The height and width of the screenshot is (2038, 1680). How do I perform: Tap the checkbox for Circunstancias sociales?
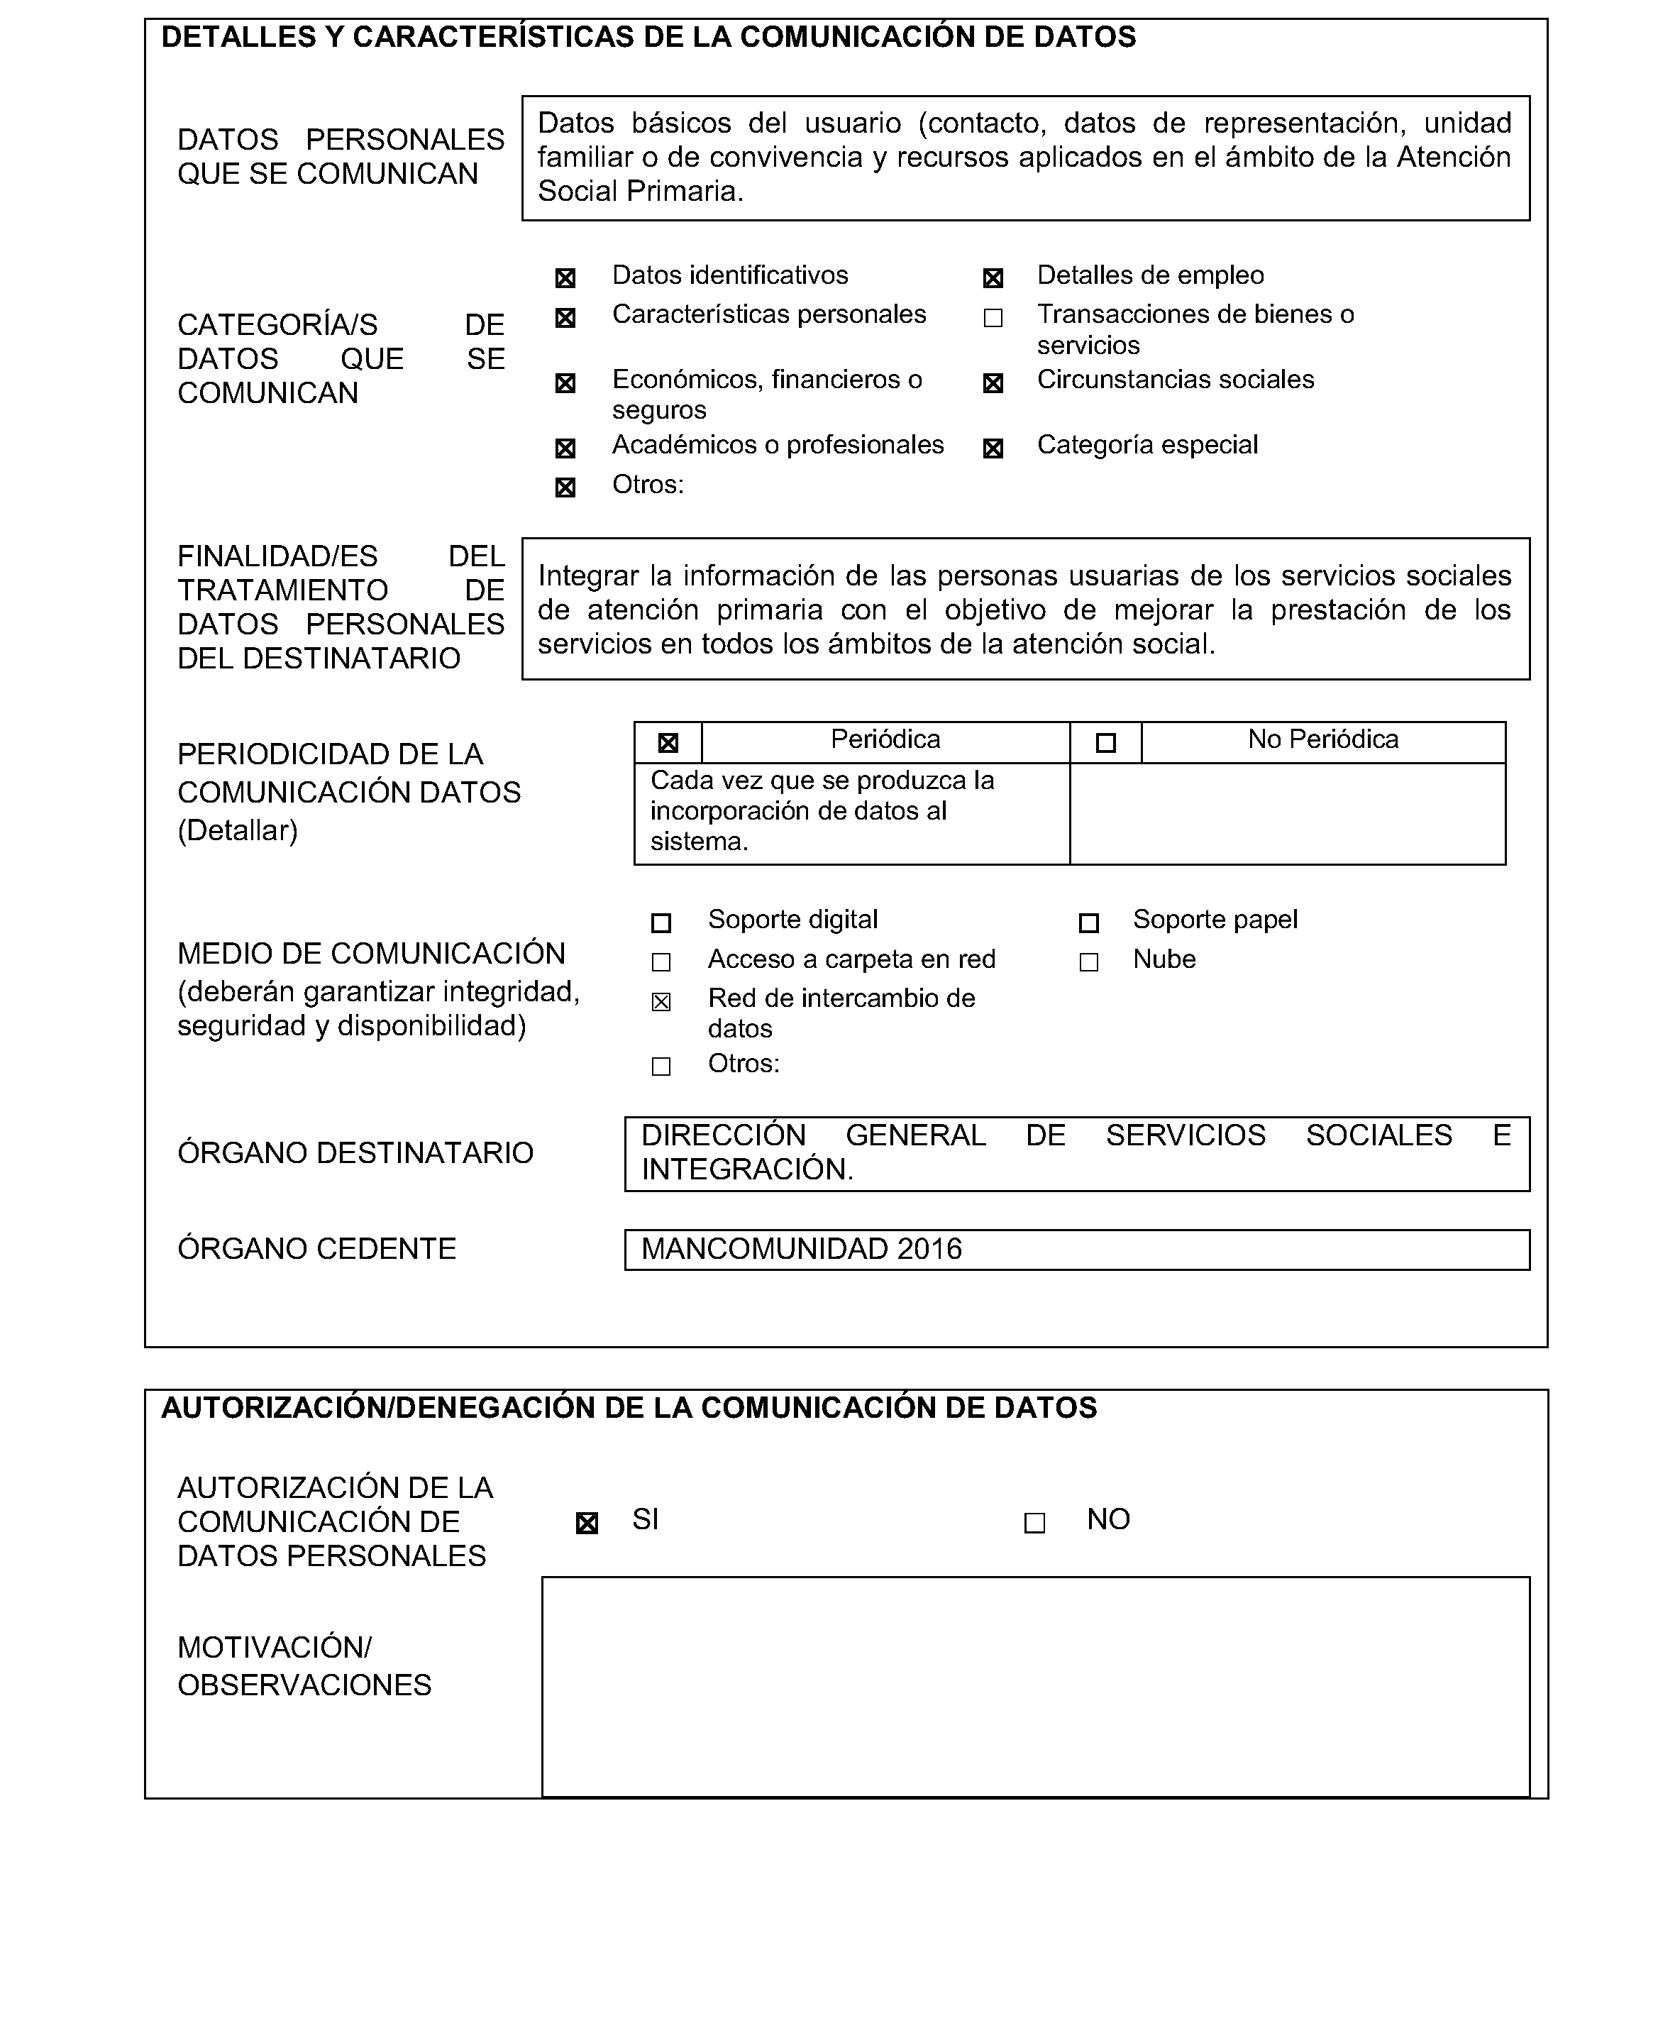pos(993,383)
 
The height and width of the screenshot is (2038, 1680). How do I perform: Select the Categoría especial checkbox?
pos(993,448)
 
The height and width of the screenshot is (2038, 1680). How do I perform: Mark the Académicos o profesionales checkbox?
pos(565,448)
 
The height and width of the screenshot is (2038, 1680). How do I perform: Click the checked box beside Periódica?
pos(668,743)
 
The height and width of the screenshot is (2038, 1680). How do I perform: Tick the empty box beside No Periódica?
pos(1106,743)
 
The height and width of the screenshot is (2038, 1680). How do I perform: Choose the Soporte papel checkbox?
pos(1089,923)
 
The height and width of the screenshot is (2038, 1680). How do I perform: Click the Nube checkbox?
pos(1089,963)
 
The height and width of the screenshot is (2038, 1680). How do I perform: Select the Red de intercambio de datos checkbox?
pos(661,1001)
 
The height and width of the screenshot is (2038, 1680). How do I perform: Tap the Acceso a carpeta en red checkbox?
pos(661,963)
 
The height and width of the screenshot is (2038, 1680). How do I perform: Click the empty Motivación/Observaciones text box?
pos(1036,1687)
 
